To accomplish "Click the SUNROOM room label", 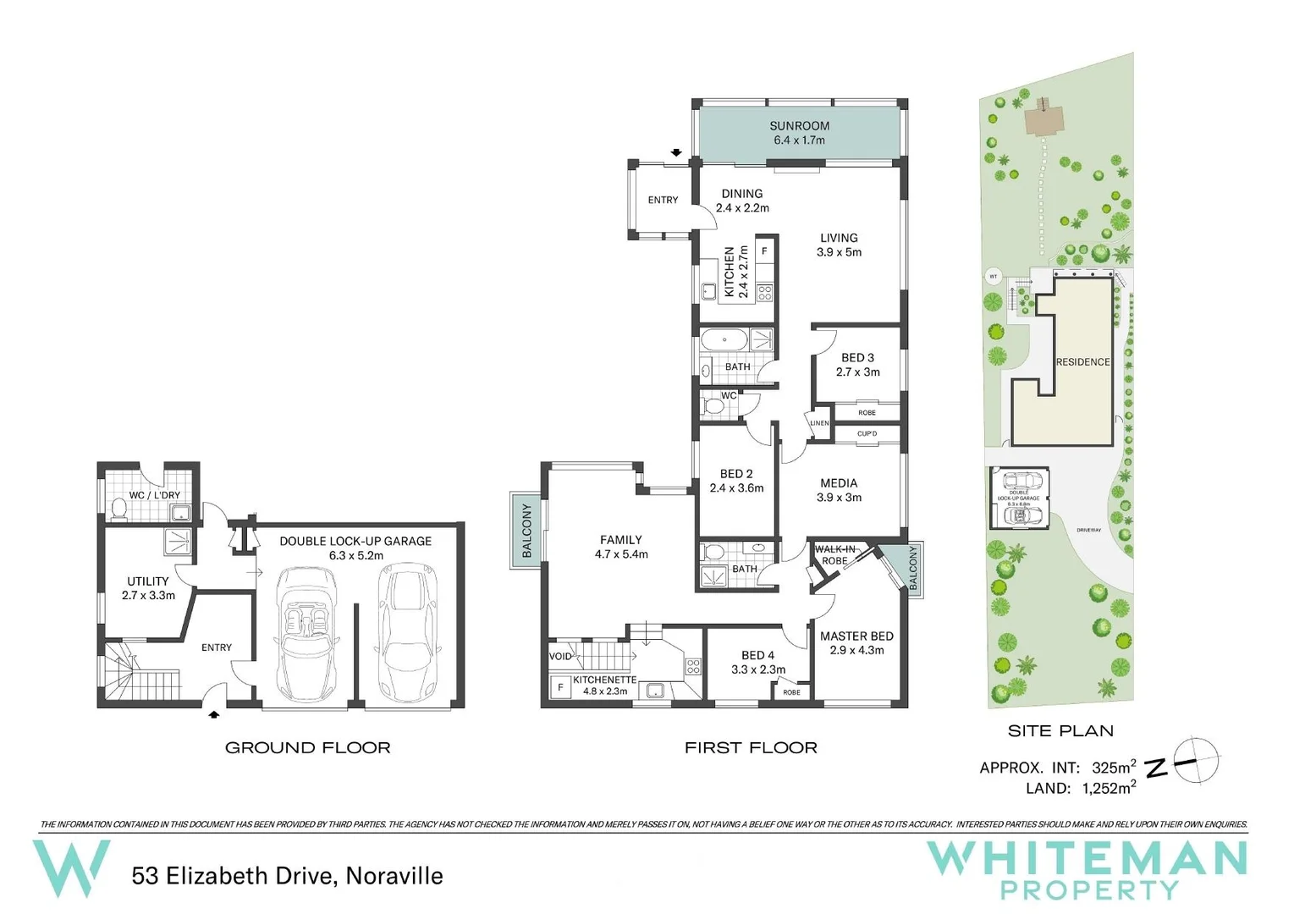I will (799, 126).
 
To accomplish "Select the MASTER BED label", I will (856, 636).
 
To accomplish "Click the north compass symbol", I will (1196, 760).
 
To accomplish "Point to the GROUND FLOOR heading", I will (307, 748).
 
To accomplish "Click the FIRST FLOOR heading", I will (751, 748).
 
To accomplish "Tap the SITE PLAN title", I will (1060, 731).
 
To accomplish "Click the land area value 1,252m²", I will (1109, 789).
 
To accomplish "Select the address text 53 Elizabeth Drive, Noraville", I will (287, 876).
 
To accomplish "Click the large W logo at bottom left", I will (71, 867).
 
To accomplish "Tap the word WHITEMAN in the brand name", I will (1087, 859).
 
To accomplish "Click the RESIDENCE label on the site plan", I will (1082, 362).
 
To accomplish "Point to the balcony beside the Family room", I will (526, 531).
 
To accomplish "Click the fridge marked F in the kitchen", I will (764, 251).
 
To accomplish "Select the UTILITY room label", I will (148, 581).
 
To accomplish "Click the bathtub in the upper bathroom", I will (724, 340).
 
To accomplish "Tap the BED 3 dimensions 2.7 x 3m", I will (857, 372).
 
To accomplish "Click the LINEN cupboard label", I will (818, 423).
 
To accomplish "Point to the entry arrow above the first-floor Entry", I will (676, 153).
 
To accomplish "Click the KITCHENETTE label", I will (604, 680).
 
